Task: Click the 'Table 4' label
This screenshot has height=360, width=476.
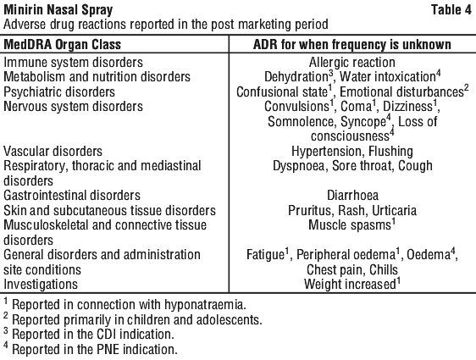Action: click(451, 9)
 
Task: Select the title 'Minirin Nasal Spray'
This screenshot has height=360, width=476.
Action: click(58, 10)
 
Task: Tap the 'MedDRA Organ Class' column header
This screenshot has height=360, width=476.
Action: click(62, 45)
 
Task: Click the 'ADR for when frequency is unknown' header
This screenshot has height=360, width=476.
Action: click(352, 45)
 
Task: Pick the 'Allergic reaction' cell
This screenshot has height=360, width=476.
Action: click(352, 63)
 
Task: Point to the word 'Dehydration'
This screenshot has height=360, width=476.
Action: click(296, 77)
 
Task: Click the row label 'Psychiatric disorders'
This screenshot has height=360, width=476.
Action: click(59, 92)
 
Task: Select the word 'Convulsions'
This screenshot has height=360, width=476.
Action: click(296, 107)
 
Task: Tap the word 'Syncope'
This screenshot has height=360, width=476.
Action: click(363, 122)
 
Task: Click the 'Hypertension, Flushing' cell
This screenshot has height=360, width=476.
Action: click(352, 151)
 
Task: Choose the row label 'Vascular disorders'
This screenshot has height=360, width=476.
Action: click(53, 151)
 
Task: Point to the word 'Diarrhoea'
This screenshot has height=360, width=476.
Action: click(352, 196)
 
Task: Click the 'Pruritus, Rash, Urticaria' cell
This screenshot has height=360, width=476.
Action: click(352, 210)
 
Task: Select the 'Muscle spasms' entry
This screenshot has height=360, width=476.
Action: click(350, 225)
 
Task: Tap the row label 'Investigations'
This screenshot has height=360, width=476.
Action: click(41, 285)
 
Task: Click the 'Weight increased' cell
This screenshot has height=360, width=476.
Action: click(350, 285)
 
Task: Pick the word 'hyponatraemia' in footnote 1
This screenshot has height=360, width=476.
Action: click(204, 305)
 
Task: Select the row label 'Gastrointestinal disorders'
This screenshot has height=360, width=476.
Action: click(72, 196)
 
